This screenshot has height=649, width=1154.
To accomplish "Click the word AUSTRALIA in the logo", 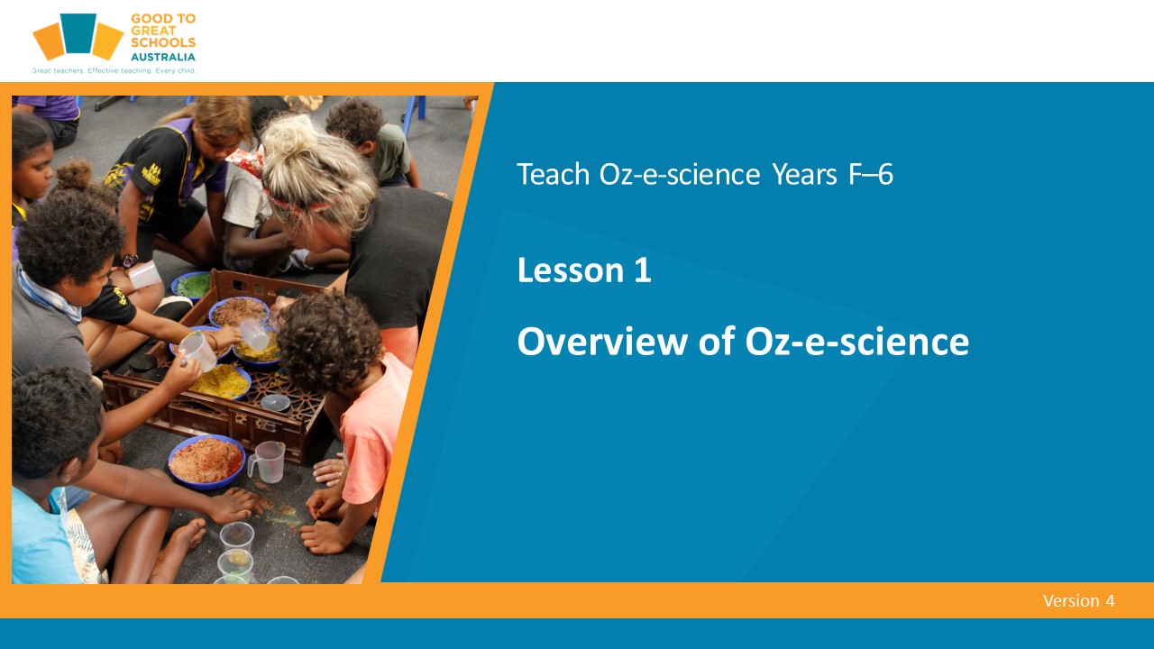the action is pyautogui.click(x=163, y=57).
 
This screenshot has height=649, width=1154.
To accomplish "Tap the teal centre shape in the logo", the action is pyautogui.click(x=78, y=33).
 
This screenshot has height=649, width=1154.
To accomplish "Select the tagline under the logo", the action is pyautogui.click(x=114, y=70).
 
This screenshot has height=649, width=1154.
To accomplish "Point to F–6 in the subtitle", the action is pyautogui.click(x=871, y=174).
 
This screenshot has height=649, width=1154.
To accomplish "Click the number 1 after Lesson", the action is pyautogui.click(x=643, y=270).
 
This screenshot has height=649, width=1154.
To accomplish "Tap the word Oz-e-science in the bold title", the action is pyautogui.click(x=856, y=342).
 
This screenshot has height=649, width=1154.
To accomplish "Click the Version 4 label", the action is pyautogui.click(x=1079, y=600).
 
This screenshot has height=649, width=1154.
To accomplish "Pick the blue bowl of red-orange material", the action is pyautogui.click(x=206, y=461).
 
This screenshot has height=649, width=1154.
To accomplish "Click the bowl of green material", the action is pyautogui.click(x=192, y=286).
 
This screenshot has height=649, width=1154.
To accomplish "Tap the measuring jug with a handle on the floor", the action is pyautogui.click(x=267, y=462).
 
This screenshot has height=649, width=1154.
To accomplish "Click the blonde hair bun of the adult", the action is pyautogui.click(x=289, y=138).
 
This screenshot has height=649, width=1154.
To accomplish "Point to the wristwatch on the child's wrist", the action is pyautogui.click(x=129, y=261).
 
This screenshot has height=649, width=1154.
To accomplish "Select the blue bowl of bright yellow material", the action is pyautogui.click(x=222, y=381).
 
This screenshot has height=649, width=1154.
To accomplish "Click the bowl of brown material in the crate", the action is pyautogui.click(x=239, y=312).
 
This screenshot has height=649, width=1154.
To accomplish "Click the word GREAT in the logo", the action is pyautogui.click(x=153, y=31).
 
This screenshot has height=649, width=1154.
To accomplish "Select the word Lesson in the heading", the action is pyautogui.click(x=571, y=270).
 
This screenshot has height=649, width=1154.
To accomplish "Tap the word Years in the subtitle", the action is pyautogui.click(x=805, y=174).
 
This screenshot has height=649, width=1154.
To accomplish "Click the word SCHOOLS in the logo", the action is pyautogui.click(x=163, y=42).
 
